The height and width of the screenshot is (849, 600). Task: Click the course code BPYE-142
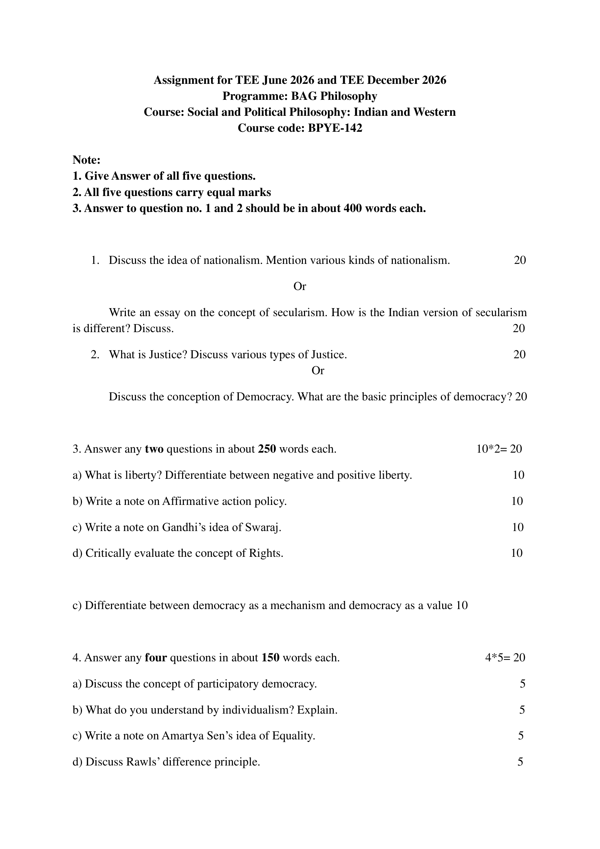335,128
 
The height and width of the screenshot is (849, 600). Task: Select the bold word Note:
86,160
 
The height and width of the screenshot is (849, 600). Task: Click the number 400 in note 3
353,209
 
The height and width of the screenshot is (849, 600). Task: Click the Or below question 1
300,286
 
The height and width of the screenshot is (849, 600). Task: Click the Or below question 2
318,371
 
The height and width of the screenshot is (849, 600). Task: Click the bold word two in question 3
154,449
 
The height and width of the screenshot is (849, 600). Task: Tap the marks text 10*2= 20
499,449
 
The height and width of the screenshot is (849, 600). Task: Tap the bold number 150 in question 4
271,658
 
